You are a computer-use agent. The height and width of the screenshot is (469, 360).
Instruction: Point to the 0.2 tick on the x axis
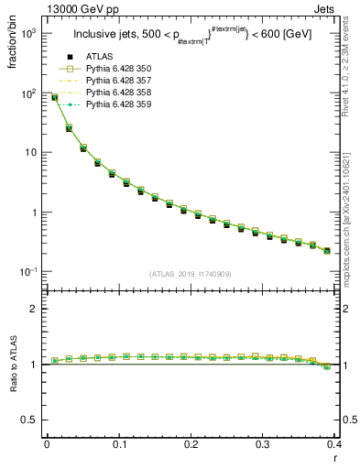click(x=191, y=443)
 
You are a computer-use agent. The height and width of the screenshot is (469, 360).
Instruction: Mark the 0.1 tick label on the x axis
click(x=118, y=443)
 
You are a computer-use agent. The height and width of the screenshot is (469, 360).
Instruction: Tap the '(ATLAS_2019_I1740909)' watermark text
click(x=190, y=274)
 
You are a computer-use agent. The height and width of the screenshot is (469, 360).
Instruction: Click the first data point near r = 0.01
click(x=54, y=97)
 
